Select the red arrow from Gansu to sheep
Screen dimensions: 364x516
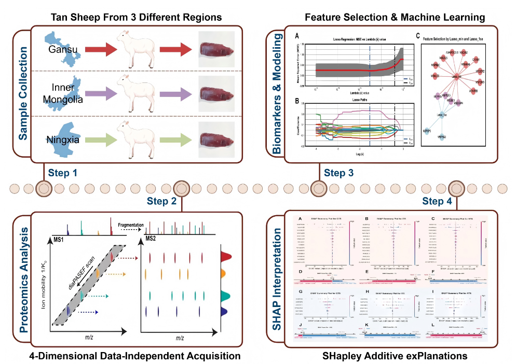pos(99,50)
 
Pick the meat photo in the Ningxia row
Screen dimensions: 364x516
pos(217,139)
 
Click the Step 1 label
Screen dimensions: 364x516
pos(66,173)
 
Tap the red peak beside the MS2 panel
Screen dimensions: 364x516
pos(226,256)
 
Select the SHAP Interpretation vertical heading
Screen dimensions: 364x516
pos(277,281)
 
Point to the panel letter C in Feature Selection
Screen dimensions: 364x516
pos(418,36)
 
